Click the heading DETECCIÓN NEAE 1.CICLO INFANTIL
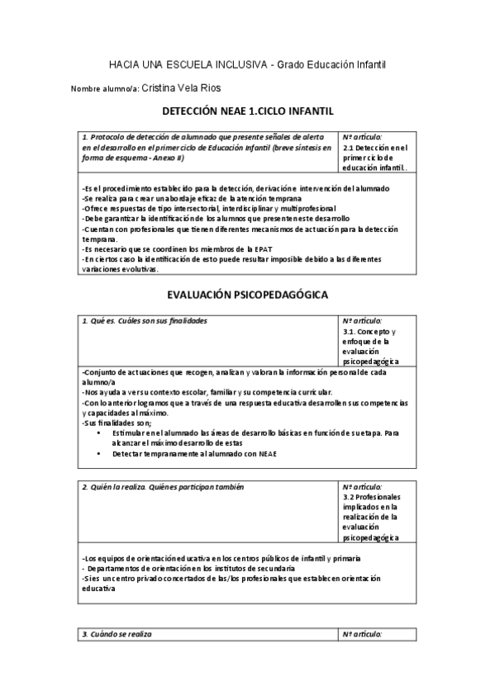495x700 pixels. click(247, 110)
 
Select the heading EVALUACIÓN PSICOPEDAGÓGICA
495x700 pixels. click(247, 293)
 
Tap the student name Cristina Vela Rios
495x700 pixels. click(181, 87)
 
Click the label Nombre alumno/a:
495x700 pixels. click(105, 88)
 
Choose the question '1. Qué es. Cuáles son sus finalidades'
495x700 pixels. click(145, 320)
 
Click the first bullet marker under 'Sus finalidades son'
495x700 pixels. click(99, 433)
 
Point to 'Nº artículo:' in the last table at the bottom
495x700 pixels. click(362, 634)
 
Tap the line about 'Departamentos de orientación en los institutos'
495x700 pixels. click(185, 570)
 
